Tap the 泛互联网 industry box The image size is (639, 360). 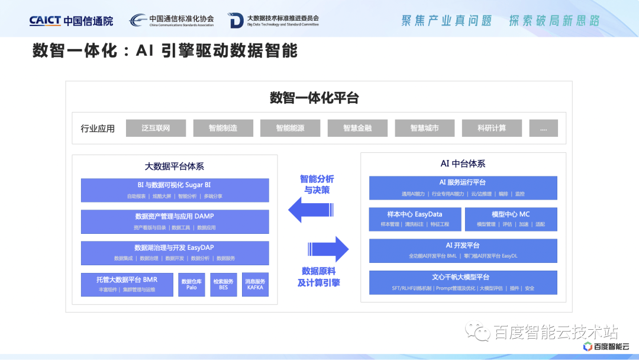pyautogui.click(x=156, y=128)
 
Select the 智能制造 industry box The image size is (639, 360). pyautogui.click(x=223, y=128)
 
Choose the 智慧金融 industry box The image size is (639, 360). pyautogui.click(x=357, y=128)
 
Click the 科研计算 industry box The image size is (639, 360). pyautogui.click(x=492, y=128)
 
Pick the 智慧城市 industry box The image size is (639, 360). pyautogui.click(x=425, y=128)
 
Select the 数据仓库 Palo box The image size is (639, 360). pyautogui.click(x=192, y=285)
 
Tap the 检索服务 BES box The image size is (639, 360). pyautogui.click(x=223, y=285)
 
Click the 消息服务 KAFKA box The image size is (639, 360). pyautogui.click(x=255, y=285)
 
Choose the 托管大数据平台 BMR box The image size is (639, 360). pyautogui.click(x=127, y=285)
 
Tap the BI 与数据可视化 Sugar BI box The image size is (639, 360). pyautogui.click(x=175, y=190)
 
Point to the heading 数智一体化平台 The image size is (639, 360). pyautogui.click(x=314, y=98)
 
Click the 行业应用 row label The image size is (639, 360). pyautogui.click(x=98, y=128)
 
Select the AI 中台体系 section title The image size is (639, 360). pyautogui.click(x=463, y=163)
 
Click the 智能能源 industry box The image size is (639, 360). pyautogui.click(x=290, y=128)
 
